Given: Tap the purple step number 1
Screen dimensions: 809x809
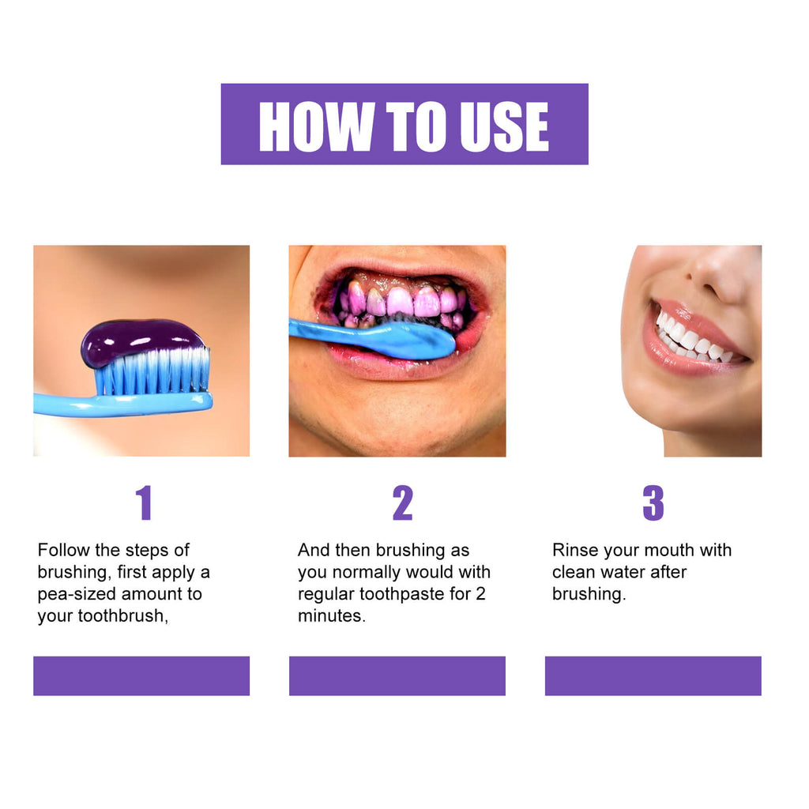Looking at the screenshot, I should [143, 503].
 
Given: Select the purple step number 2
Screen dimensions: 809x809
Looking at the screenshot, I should [402, 503].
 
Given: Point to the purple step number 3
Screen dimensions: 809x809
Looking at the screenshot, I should [653, 503].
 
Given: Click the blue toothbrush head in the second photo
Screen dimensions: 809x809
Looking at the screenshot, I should [411, 338].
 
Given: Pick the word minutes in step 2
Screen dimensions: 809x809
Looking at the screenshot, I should [331, 616].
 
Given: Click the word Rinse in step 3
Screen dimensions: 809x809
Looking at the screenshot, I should [575, 550].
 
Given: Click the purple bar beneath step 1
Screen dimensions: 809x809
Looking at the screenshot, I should [141, 675].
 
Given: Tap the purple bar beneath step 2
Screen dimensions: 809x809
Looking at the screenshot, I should [397, 675].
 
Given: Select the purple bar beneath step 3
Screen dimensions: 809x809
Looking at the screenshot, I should [653, 675].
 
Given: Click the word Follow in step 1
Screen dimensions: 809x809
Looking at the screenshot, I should [62, 550].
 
